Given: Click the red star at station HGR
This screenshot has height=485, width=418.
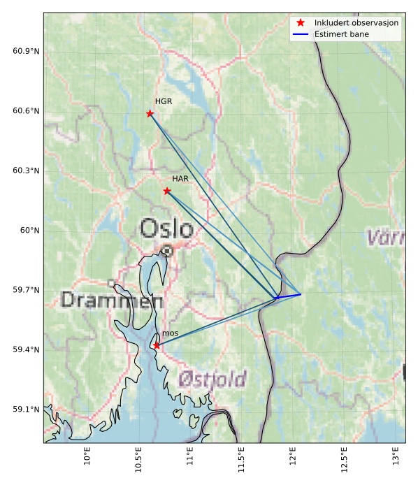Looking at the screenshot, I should click(150, 114).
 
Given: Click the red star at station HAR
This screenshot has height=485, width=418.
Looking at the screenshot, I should click(167, 191).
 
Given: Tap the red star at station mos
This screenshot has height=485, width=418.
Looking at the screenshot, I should click(157, 345).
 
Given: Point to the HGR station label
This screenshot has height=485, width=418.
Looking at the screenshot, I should click(164, 102).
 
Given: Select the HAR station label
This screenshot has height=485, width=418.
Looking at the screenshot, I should click(180, 180).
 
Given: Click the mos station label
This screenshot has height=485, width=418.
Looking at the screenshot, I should click(170, 334).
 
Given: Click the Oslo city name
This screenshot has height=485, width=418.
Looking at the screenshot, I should click(166, 229).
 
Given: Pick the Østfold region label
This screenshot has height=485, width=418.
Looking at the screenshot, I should click(212, 379).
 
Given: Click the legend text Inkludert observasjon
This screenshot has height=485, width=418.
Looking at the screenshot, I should click(356, 23).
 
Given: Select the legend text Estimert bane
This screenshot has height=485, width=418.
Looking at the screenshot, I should click(342, 34).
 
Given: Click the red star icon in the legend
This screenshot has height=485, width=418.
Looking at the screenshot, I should click(301, 23).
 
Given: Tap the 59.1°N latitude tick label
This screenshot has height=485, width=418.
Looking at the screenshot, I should click(26, 410).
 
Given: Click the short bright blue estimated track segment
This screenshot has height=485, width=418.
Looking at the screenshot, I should click(289, 296).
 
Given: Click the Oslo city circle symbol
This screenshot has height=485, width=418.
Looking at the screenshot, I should click(168, 251).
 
